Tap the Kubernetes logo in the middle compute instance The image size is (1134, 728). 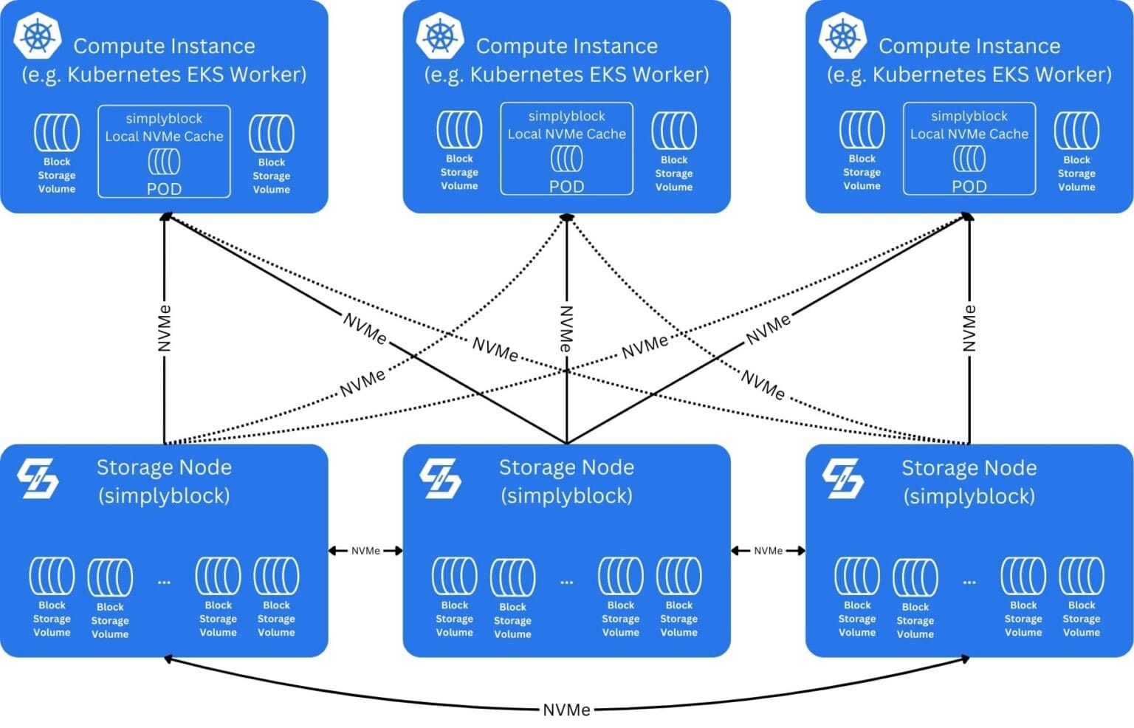(440, 35)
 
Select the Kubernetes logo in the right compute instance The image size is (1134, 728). (842, 35)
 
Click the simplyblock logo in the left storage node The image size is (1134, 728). (38, 478)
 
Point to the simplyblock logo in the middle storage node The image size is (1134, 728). (440, 478)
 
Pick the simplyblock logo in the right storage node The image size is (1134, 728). (842, 478)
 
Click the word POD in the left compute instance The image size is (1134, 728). (164, 188)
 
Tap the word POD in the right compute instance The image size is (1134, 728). (969, 186)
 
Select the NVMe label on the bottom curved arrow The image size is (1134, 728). (566, 710)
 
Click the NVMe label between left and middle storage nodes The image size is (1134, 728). (365, 551)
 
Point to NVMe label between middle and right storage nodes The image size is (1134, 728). (768, 551)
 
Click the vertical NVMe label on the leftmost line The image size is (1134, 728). (165, 328)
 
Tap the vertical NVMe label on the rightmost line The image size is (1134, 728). (969, 328)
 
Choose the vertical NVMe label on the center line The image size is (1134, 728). (566, 328)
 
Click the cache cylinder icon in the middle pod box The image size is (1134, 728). (566, 158)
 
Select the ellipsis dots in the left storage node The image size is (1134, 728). (164, 582)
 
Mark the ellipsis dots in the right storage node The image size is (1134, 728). (969, 582)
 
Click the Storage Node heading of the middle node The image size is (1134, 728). (566, 467)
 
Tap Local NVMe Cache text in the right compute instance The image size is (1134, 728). (969, 134)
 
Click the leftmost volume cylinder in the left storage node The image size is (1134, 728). (52, 576)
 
